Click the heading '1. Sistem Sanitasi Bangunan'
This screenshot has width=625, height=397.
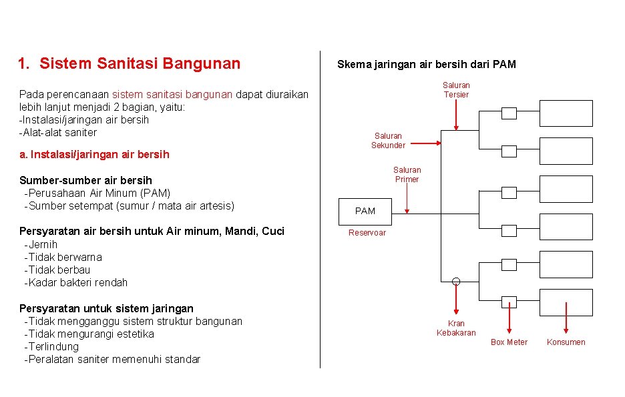[129, 64]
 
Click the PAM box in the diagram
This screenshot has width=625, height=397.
[365, 211]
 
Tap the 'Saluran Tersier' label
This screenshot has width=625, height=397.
[456, 90]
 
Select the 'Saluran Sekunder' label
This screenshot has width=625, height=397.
[388, 141]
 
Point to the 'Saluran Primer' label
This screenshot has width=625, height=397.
[407, 175]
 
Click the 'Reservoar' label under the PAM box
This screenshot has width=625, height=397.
[367, 233]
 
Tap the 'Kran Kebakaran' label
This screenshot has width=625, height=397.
[456, 328]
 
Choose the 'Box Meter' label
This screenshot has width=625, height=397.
[509, 342]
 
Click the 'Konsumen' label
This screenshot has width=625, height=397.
[566, 342]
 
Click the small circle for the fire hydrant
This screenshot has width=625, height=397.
[456, 281]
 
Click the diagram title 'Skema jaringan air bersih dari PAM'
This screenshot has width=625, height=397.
[426, 65]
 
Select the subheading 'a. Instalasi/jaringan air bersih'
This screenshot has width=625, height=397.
[94, 154]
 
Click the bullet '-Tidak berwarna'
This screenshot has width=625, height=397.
[63, 257]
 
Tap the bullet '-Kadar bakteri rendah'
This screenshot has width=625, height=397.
[75, 282]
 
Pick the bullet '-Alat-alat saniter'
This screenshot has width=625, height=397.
[58, 132]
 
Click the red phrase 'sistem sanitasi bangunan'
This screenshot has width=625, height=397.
[172, 95]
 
